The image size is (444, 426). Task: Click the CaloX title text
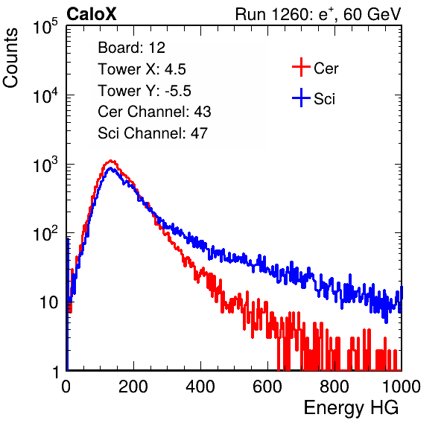[x=91, y=14]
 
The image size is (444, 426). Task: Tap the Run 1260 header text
[x=318, y=14]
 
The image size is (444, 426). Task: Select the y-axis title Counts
[x=10, y=57]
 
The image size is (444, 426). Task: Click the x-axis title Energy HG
[x=351, y=407]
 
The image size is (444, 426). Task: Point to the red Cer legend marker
[x=301, y=67]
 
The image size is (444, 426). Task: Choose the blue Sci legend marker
[x=301, y=98]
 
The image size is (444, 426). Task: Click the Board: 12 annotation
[x=131, y=48]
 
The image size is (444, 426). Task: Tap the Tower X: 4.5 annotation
[x=142, y=69]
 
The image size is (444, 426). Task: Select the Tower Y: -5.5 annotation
[x=145, y=91]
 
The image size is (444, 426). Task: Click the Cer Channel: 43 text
[x=154, y=112]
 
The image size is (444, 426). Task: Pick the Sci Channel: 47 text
[x=153, y=133]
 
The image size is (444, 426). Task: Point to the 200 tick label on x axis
[x=133, y=387]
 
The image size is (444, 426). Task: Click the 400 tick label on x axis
[x=200, y=387]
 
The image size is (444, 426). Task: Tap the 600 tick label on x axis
[x=267, y=387]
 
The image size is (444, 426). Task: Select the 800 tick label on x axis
[x=334, y=387]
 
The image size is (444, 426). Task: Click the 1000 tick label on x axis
[x=402, y=387]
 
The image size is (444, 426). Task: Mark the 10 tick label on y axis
[x=49, y=302]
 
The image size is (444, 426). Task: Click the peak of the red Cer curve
[x=111, y=161]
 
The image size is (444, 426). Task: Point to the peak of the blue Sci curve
[x=111, y=168]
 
